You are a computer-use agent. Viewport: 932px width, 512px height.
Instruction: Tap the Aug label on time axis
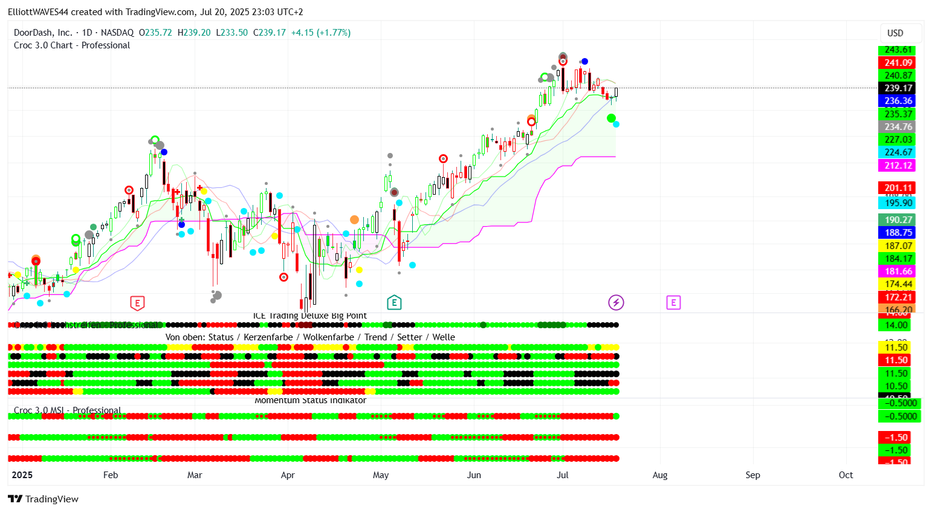(x=660, y=475)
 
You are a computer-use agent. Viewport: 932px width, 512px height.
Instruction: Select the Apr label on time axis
(x=288, y=475)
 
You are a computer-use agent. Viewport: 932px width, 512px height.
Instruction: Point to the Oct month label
(x=846, y=475)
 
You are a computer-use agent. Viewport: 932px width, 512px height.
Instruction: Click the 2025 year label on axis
(x=22, y=475)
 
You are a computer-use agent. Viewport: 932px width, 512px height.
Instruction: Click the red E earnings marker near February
(x=137, y=303)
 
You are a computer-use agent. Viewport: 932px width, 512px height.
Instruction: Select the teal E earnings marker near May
(x=394, y=302)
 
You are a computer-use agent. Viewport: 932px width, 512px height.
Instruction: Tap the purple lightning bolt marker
(x=616, y=302)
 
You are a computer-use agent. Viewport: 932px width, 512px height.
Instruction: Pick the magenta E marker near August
(x=673, y=302)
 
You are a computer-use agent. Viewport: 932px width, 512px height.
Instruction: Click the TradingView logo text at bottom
(x=44, y=499)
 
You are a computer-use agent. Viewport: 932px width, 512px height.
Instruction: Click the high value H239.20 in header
(x=194, y=33)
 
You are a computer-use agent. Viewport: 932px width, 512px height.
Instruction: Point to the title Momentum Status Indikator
(x=310, y=400)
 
